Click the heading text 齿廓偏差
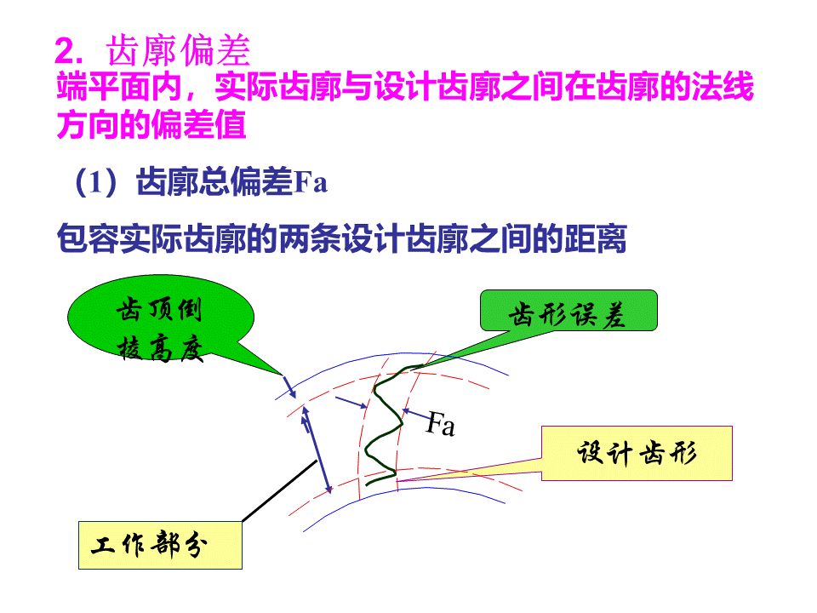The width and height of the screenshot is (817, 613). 179,53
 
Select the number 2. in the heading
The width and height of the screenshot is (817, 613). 68,53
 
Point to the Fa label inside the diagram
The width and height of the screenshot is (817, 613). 440,423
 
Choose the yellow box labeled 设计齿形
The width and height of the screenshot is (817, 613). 637,453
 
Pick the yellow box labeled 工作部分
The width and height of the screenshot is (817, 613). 160,545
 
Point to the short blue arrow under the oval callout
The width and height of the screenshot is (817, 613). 288,387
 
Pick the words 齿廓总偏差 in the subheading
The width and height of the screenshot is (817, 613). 214,184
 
